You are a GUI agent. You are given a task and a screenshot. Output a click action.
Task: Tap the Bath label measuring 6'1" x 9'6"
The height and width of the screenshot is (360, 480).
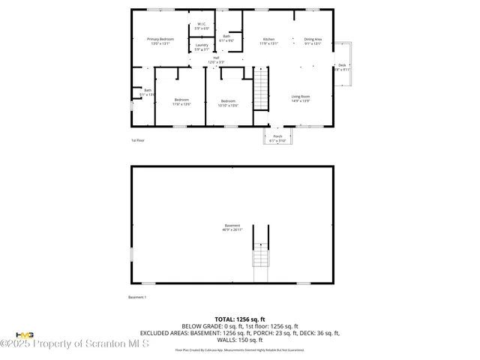coord(226,38)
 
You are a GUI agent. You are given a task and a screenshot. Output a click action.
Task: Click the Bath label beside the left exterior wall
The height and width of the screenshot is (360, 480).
coord(147,92)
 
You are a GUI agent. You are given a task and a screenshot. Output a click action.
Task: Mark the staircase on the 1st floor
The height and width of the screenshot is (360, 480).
coord(261,88)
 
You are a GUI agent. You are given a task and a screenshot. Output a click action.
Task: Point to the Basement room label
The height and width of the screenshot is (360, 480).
coord(232,228)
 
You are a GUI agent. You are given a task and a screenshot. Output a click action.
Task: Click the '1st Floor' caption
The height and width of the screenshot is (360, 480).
coord(137,140)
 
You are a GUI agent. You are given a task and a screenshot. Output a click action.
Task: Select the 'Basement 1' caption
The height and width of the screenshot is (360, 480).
coord(139,297)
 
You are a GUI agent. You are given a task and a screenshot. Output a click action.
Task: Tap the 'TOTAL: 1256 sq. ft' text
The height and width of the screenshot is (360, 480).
coord(240,319)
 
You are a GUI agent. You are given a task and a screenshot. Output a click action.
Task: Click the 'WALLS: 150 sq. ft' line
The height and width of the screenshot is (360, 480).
coord(240,340)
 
